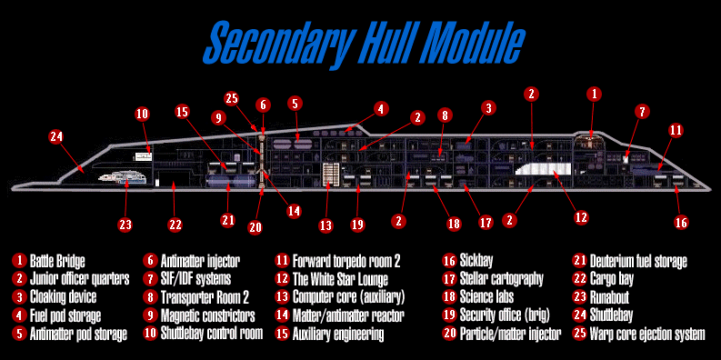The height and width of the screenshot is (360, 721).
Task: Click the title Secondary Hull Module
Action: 364,44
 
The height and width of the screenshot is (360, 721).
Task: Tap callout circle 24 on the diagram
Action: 57,137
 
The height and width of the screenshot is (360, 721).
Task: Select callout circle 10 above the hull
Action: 143,114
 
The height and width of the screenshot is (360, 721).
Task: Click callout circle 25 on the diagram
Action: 233,99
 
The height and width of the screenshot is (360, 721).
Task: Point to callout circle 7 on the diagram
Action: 642,112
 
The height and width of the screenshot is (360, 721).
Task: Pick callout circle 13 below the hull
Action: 326,225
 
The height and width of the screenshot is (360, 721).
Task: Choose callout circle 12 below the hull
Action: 582,217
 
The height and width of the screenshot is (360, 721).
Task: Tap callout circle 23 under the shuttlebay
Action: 125,225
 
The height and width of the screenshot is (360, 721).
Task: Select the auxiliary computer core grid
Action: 330,175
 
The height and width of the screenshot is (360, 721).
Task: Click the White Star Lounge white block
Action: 543,169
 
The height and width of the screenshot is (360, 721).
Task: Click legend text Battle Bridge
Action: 57,262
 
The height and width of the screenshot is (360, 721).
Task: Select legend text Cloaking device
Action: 63,297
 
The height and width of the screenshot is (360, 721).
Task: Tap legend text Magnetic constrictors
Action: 208,315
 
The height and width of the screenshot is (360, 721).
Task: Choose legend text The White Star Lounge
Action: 340,279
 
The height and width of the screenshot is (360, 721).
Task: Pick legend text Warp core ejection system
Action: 647,334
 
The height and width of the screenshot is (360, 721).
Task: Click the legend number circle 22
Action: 580,279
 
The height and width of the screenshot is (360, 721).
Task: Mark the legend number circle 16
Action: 450,261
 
